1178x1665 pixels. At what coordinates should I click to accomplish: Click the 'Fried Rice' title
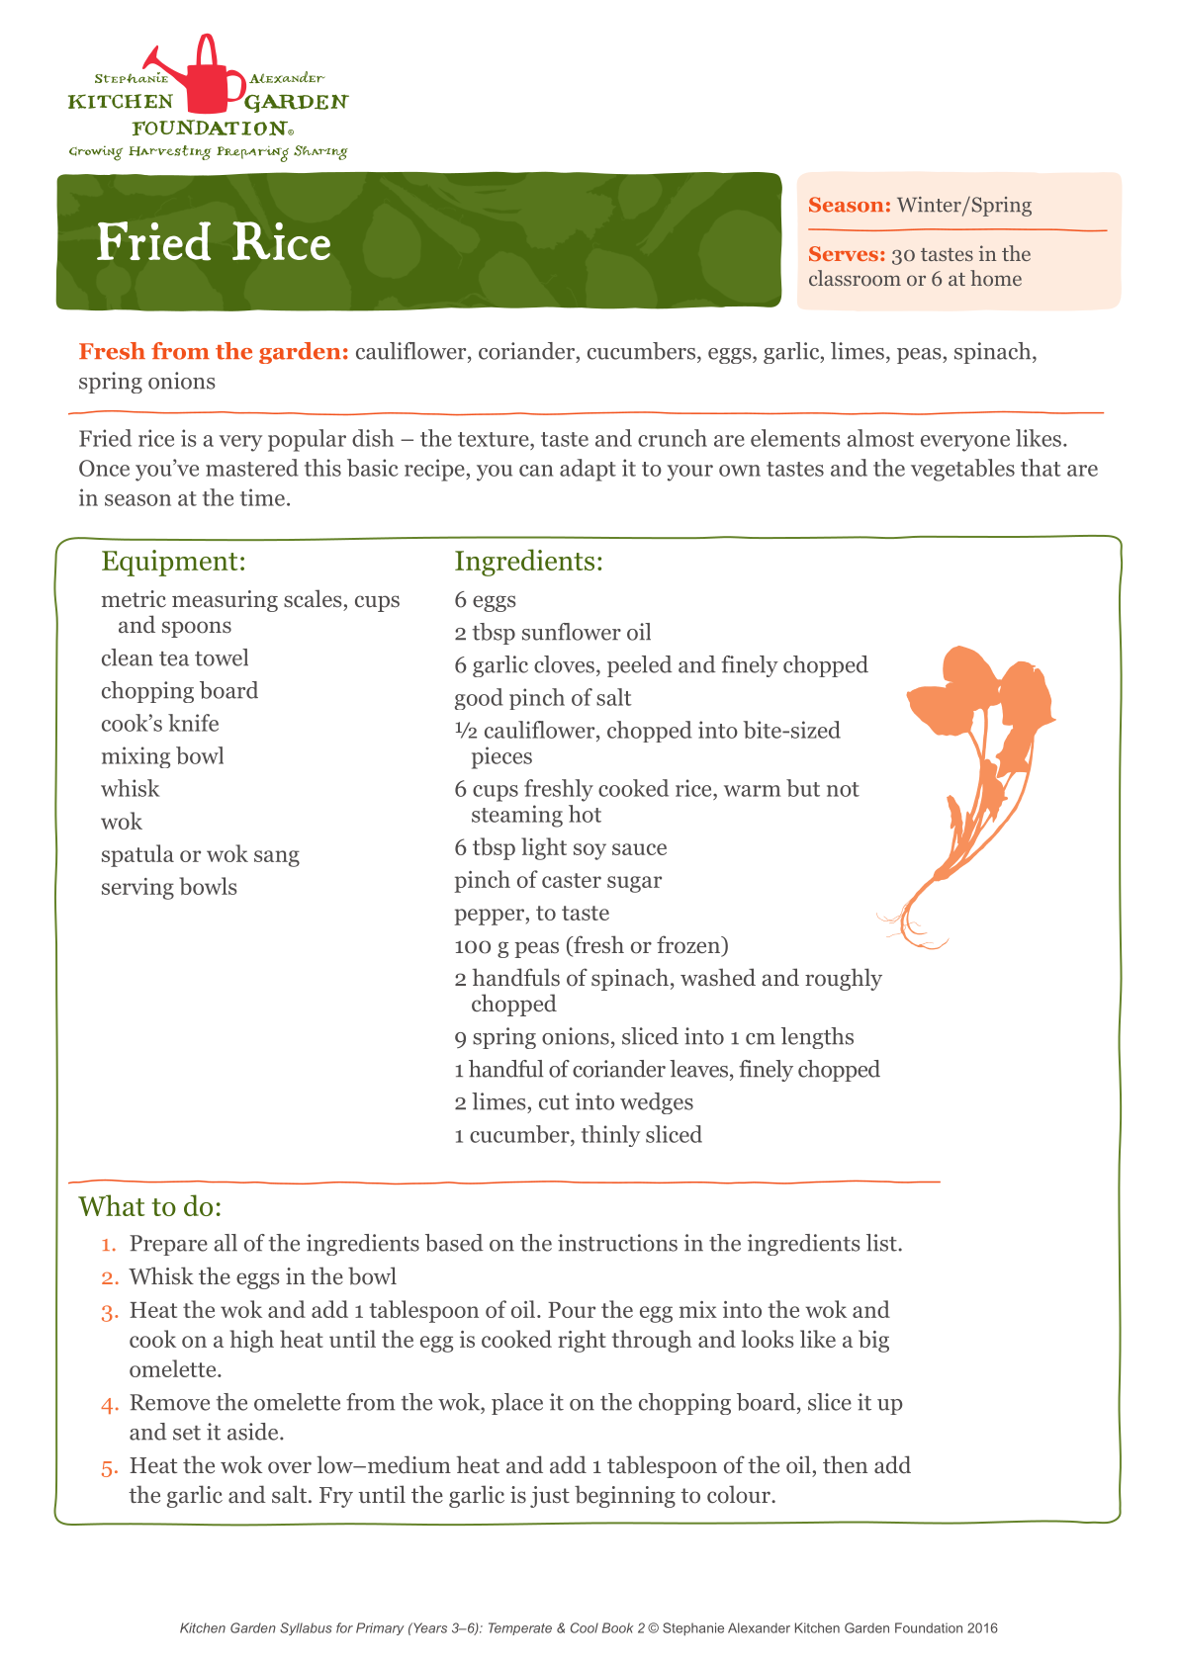(x=213, y=243)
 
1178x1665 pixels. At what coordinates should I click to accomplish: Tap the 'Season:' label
(x=850, y=206)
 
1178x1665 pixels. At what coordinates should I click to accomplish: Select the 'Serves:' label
(x=847, y=255)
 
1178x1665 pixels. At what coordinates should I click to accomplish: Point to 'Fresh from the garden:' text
(x=213, y=352)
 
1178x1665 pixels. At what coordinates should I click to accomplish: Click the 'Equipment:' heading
(x=173, y=562)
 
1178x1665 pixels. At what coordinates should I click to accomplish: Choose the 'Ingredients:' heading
(x=528, y=562)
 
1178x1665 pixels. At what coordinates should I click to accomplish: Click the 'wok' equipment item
(x=122, y=822)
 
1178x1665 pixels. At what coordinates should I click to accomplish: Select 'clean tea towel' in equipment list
(x=174, y=658)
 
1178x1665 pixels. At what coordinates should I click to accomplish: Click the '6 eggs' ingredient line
(x=485, y=600)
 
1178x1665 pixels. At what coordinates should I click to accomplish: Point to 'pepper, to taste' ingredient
(x=531, y=913)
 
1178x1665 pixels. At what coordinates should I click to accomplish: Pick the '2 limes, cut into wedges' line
(x=574, y=1102)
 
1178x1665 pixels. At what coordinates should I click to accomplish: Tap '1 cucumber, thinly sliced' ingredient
(x=578, y=1135)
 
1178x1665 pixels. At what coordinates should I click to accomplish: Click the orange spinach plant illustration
(x=974, y=771)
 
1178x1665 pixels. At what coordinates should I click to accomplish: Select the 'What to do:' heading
(x=150, y=1207)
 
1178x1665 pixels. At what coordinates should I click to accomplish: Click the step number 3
(x=109, y=1312)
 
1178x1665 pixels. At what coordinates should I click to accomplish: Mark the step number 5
(x=109, y=1467)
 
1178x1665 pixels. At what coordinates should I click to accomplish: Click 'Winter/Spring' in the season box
(x=963, y=206)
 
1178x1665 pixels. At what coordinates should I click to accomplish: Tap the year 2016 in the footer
(x=982, y=1628)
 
